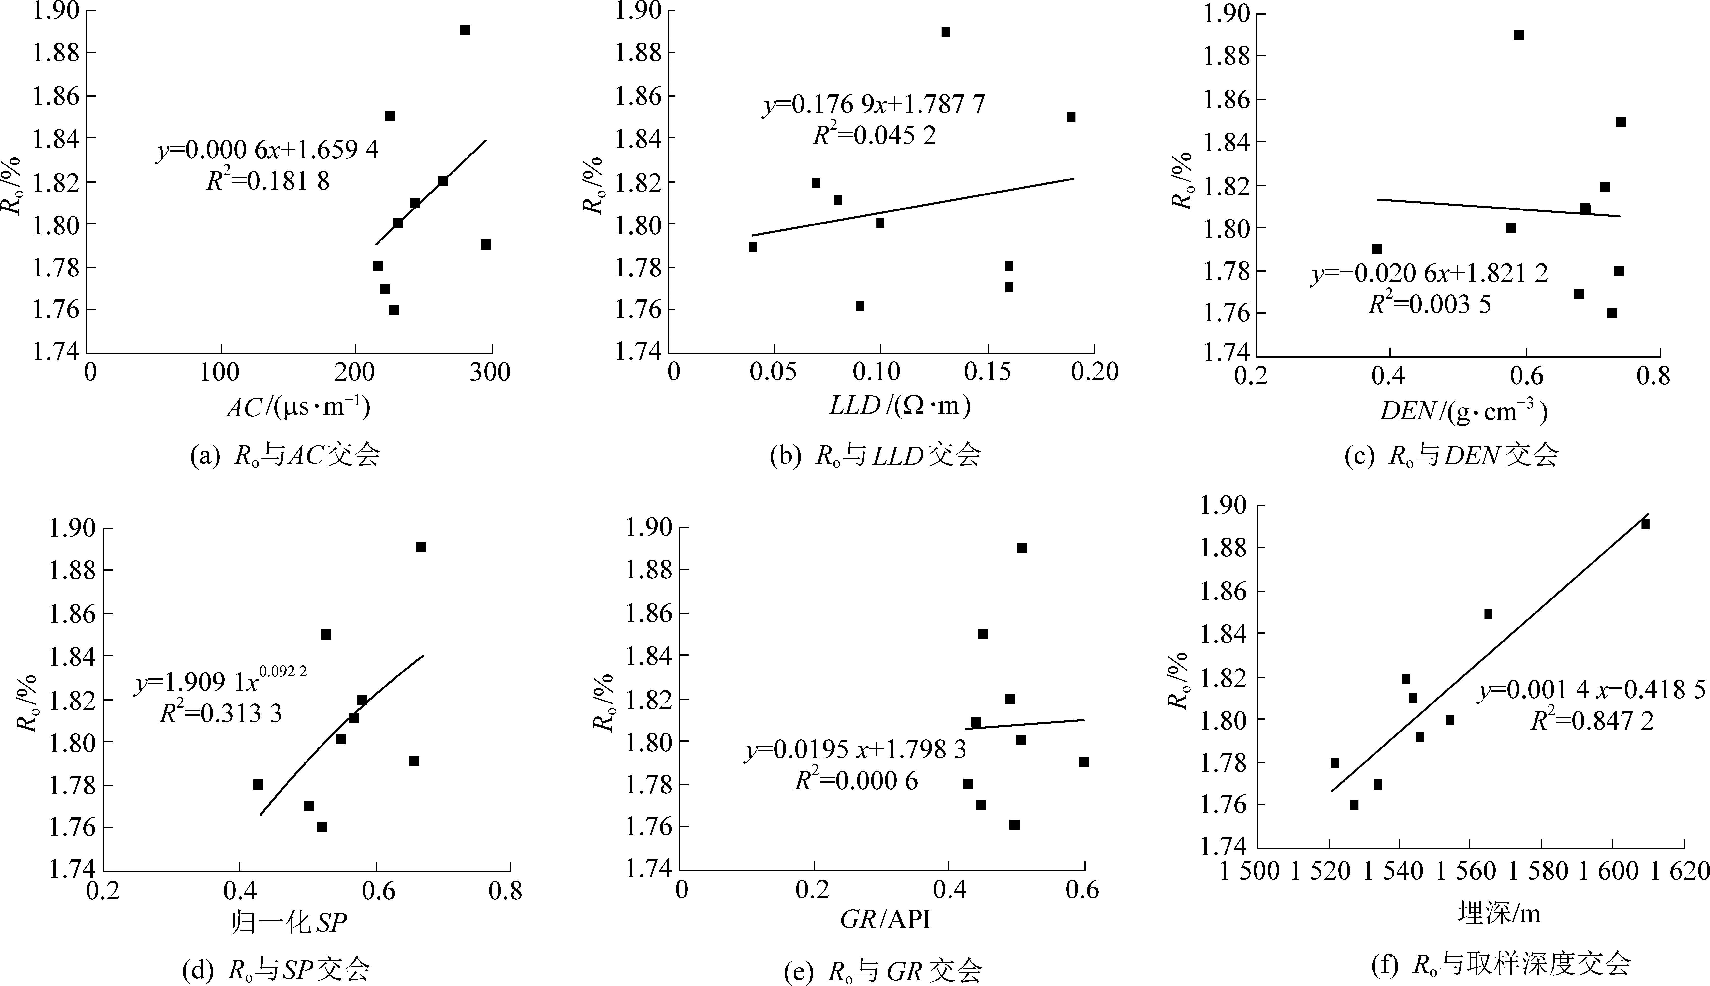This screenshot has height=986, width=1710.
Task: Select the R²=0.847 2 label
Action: pyautogui.click(x=1592, y=721)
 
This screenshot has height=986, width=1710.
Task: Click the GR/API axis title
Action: pyautogui.click(x=885, y=920)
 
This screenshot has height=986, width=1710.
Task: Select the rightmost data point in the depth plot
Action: pyautogui.click(x=1645, y=524)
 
